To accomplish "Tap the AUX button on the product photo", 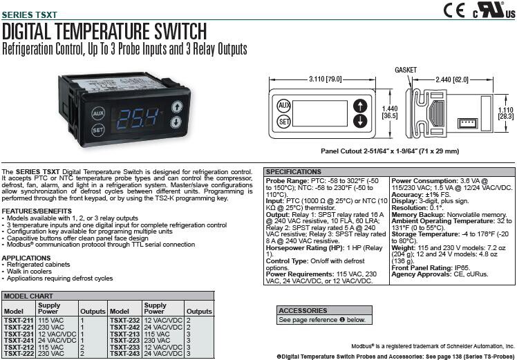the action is (x=99, y=111).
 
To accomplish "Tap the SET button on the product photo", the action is (x=99, y=129).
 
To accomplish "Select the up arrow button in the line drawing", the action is (x=359, y=106).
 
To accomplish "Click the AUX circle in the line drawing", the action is (x=283, y=106).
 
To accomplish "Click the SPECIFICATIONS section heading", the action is (x=294, y=171).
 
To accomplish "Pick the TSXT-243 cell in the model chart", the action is (x=125, y=354).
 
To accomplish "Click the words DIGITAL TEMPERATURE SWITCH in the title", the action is (x=104, y=31).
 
